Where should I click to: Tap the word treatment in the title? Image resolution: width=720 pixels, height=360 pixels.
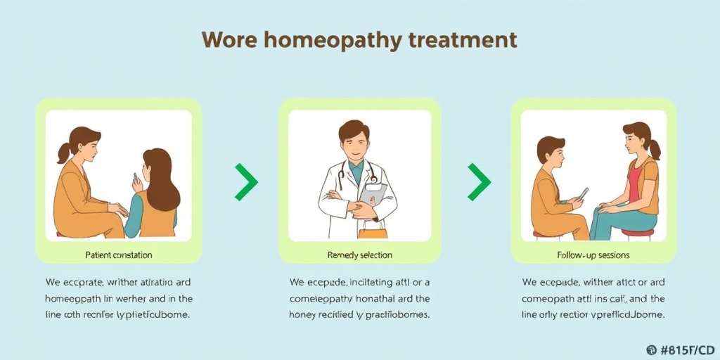(x=461, y=39)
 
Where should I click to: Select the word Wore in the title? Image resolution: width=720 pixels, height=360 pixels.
(x=229, y=39)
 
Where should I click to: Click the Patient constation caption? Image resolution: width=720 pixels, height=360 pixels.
(x=118, y=255)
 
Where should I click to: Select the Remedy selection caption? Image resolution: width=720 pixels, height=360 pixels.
(x=360, y=255)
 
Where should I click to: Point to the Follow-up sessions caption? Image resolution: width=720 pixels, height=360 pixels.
(x=593, y=255)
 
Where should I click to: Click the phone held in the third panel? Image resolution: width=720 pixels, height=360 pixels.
(x=583, y=193)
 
